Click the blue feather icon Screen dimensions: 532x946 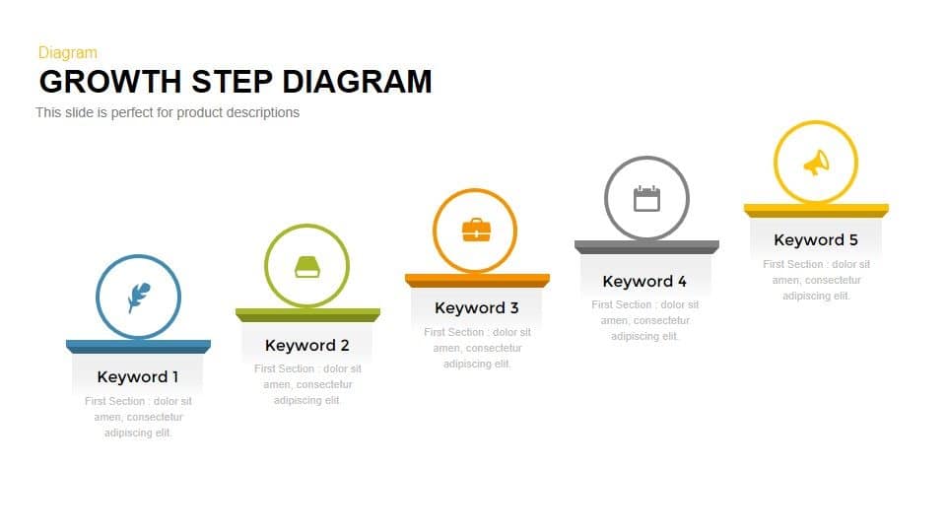138,298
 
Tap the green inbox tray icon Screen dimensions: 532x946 306,266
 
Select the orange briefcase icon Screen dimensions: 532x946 476,231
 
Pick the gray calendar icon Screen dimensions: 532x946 646,198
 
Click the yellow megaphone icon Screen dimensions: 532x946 816,164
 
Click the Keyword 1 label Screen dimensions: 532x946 138,376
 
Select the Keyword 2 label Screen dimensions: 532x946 307,345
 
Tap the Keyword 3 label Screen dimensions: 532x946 477,308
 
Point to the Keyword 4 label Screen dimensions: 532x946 645,281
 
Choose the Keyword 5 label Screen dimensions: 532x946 816,239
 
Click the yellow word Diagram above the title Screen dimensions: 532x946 67,52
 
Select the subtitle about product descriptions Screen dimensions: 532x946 168,112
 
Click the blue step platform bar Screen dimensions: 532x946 138,346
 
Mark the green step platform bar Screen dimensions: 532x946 307,314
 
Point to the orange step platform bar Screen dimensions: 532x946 477,280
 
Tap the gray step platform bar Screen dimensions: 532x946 646,246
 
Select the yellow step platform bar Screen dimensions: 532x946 816,210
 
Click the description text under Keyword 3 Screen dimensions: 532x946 477,348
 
